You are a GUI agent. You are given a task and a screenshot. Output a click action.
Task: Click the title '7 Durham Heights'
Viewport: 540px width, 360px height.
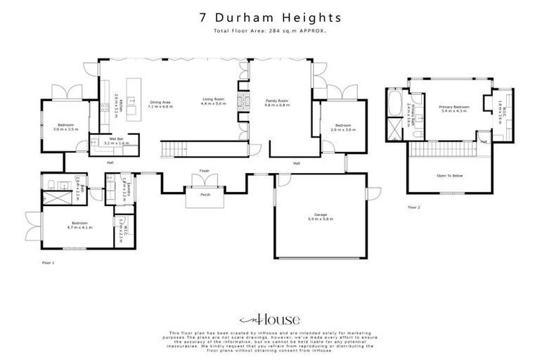(x=270, y=17)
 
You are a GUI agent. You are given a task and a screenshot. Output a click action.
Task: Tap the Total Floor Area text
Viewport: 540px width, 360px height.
(x=270, y=32)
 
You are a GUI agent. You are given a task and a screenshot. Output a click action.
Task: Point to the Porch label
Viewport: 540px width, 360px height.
(x=206, y=194)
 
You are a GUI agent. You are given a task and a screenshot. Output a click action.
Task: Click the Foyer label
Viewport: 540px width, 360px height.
(x=205, y=170)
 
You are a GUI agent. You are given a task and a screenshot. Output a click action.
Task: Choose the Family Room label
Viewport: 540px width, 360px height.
(x=277, y=103)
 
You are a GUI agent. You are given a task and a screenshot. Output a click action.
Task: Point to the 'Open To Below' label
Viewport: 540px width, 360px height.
(x=449, y=176)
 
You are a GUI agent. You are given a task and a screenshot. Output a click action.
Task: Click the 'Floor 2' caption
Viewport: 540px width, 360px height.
(x=414, y=207)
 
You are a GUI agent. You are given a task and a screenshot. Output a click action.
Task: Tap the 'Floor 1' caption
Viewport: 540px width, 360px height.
(x=48, y=262)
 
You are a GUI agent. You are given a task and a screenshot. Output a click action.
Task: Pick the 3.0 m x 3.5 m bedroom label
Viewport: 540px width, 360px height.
(x=65, y=127)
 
